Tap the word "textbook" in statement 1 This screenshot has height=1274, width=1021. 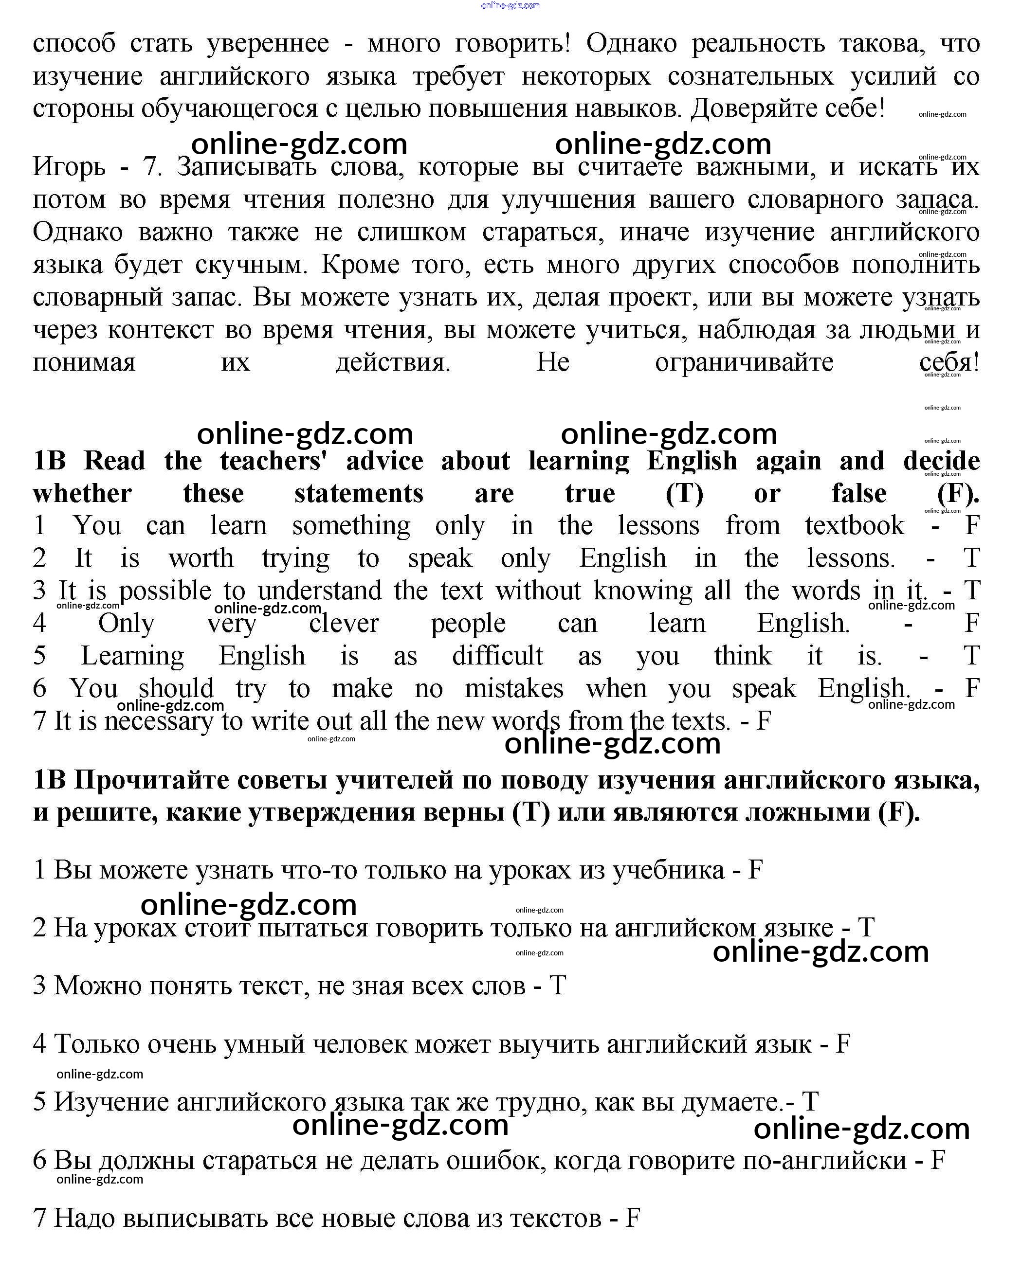click(x=854, y=525)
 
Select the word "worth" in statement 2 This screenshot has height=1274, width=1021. click(x=201, y=558)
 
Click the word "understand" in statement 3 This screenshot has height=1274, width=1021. click(x=319, y=591)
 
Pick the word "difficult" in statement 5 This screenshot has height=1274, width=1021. click(x=497, y=655)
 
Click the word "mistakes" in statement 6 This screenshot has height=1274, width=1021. click(x=514, y=688)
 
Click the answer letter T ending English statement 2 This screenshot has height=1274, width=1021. click(x=971, y=558)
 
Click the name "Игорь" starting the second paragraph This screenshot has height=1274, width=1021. click(x=69, y=167)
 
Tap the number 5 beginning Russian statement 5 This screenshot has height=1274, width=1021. click(x=39, y=1102)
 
